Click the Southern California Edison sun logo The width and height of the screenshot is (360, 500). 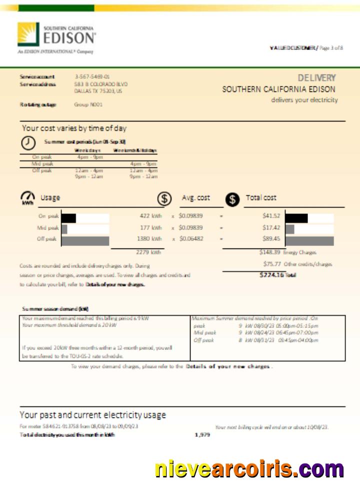tap(28, 34)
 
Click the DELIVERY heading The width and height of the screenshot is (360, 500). tap(316, 78)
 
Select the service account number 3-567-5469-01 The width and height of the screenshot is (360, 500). tap(92, 77)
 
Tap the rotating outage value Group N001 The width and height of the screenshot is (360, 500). tap(88, 104)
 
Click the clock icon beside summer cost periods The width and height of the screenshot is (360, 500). tap(28, 142)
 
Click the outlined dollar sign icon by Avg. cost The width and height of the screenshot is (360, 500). tap(164, 198)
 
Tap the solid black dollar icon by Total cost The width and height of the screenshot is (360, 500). tap(232, 199)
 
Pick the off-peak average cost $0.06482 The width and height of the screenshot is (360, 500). tap(191, 239)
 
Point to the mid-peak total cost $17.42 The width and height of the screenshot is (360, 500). tap(271, 227)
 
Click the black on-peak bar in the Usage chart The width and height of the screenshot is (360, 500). tap(68, 218)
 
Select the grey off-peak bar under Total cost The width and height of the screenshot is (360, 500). tap(309, 240)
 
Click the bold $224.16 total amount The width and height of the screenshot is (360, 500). tap(271, 275)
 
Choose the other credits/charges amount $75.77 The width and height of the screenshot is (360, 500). tap(272, 264)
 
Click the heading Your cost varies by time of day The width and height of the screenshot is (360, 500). tap(74, 128)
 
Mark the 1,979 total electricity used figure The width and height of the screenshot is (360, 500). tap(202, 435)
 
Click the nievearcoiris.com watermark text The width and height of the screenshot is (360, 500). tap(249, 469)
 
